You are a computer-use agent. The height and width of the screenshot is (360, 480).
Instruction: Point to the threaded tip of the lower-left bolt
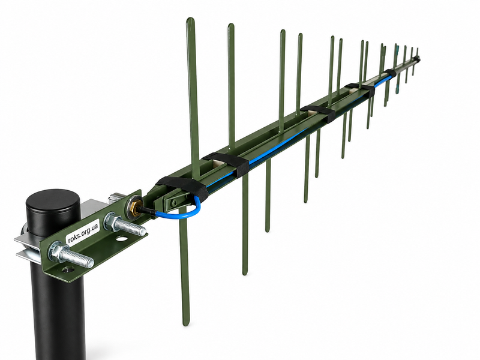91,263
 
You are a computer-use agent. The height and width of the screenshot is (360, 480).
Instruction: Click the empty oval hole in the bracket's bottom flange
122,238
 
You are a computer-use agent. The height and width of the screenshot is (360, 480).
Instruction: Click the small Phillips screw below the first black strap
175,202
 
